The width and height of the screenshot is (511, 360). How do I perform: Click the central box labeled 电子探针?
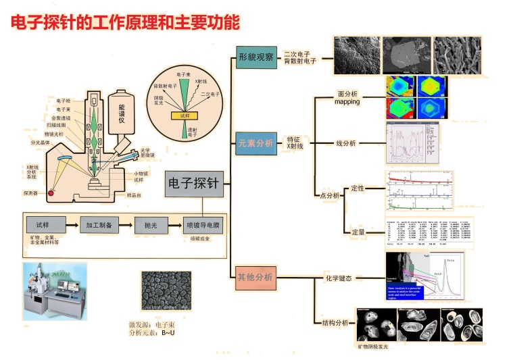tap(194, 183)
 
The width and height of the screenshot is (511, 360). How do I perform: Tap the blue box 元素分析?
tap(256, 143)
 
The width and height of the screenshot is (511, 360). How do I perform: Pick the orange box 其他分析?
tap(255, 277)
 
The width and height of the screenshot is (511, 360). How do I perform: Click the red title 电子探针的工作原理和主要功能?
tap(125, 23)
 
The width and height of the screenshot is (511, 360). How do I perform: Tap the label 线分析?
tap(347, 143)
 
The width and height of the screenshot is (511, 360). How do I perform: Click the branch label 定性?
tap(358, 188)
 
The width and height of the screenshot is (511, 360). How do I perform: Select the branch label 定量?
tap(358, 232)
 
